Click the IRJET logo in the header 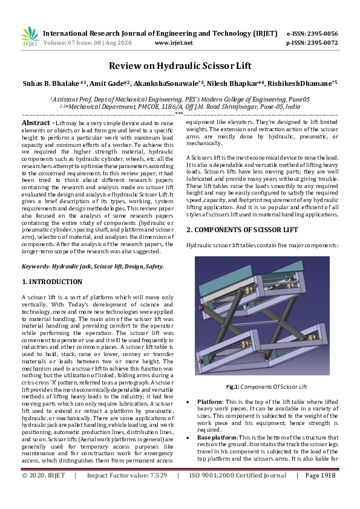pos(30,37)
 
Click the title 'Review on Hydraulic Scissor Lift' pos(180,66)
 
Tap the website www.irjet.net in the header pos(174,43)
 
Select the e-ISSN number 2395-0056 pos(322,33)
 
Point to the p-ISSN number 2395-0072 pos(322,43)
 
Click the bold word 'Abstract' pos(36,123)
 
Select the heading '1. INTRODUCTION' pos(52,282)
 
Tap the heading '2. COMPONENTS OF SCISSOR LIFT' pos(242,230)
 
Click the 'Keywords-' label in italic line pos(36,267)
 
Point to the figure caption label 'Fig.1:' pos(232,387)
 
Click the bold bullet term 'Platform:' pos(210,402)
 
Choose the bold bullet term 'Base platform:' pos(217,438)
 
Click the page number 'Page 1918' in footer pos(320,476)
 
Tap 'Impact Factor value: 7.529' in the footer pos(127,476)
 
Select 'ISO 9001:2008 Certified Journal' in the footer pos(238,476)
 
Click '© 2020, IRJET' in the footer pos(44,476)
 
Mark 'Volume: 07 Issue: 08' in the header pos(72,43)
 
